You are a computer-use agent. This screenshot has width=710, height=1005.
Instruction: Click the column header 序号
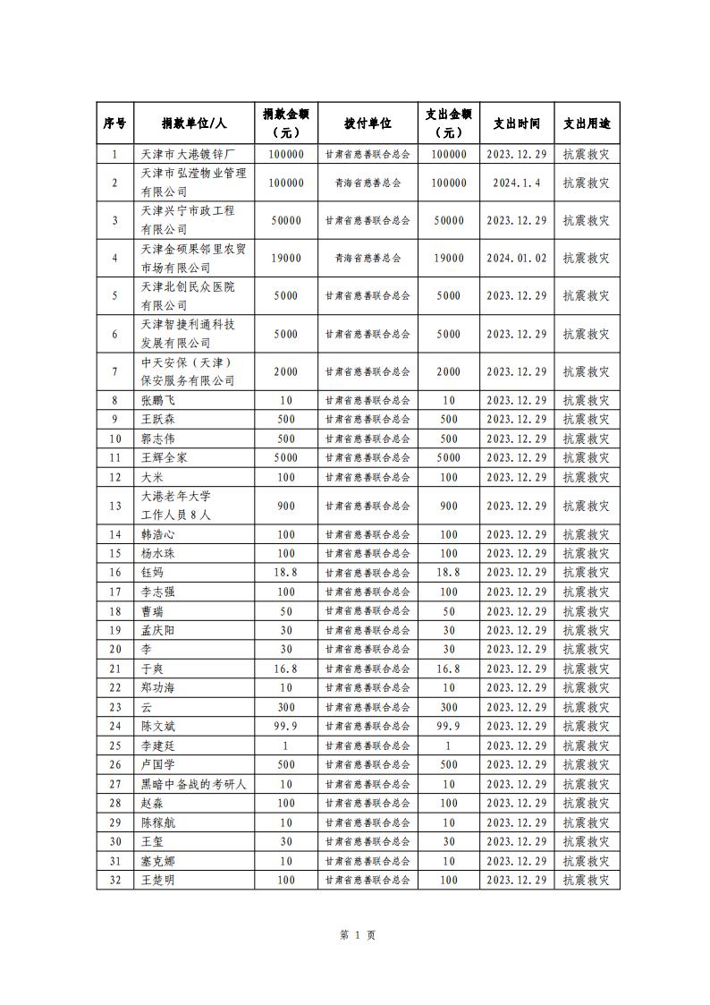pos(114,123)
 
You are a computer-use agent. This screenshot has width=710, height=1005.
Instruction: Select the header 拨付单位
pos(368,123)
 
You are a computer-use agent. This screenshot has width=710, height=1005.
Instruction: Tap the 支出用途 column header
pos(586,123)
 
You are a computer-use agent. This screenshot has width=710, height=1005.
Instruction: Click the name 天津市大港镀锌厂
pos(188,154)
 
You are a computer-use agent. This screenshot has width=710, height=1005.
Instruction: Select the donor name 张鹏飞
pos(158,400)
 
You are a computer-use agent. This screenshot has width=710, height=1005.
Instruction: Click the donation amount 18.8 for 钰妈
pos(285,572)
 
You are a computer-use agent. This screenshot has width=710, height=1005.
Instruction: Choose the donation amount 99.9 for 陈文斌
pos(285,726)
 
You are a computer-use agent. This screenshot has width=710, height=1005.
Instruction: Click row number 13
pos(114,506)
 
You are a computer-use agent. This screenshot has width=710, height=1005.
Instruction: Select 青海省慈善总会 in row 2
pos(368,183)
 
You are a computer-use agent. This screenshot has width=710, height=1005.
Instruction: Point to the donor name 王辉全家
pos(165,457)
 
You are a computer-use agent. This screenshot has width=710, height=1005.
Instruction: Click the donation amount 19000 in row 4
pos(285,258)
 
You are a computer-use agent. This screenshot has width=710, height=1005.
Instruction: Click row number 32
pos(114,880)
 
